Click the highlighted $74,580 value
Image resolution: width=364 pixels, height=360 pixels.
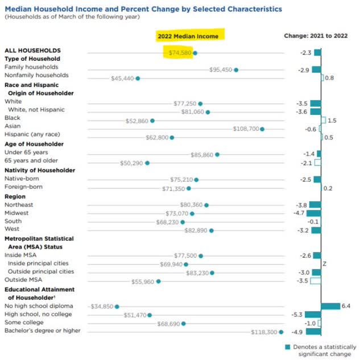click(180, 52)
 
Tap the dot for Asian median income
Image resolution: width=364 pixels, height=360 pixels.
click(262, 129)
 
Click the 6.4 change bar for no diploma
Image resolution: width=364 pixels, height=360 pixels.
click(330, 306)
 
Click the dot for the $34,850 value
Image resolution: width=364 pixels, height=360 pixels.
click(117, 306)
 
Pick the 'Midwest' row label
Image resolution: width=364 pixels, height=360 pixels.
click(16, 213)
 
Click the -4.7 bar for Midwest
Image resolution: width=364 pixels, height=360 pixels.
click(314, 213)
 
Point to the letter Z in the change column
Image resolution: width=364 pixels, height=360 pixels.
click(324, 264)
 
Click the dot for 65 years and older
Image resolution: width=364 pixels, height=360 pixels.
click(147, 163)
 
